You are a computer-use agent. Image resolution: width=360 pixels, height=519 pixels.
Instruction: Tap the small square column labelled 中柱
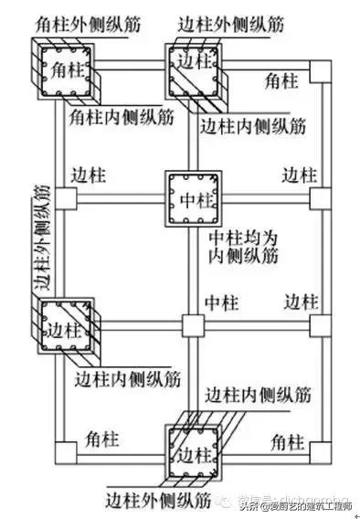[191, 325]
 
